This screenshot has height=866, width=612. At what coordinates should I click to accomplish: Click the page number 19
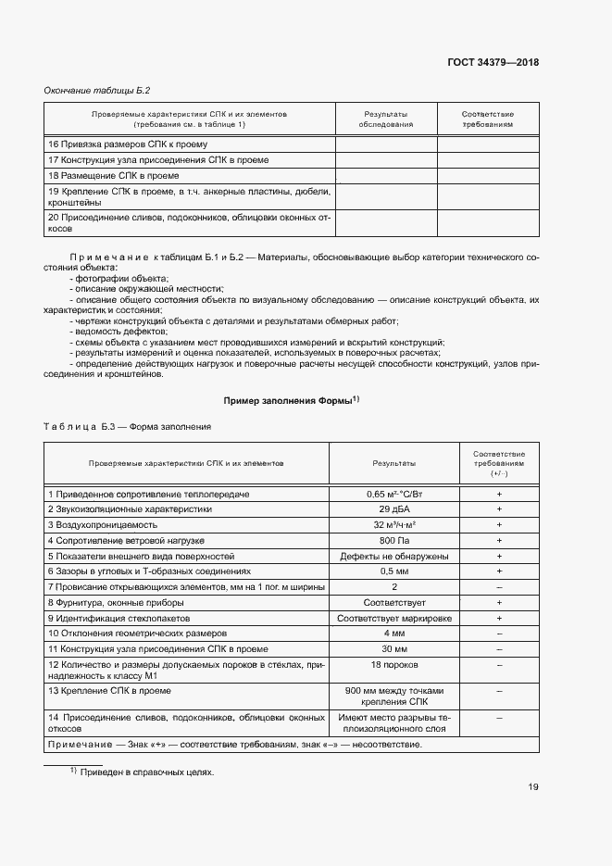pyautogui.click(x=533, y=787)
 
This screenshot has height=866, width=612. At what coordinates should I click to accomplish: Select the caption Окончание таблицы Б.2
pyautogui.click(x=97, y=91)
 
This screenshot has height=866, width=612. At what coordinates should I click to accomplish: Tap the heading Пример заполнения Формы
pyautogui.click(x=290, y=401)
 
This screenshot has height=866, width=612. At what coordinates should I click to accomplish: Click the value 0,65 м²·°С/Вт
pyautogui.click(x=394, y=495)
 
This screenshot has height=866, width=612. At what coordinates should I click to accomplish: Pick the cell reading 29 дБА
pyautogui.click(x=394, y=509)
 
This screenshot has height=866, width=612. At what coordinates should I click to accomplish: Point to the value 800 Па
pyautogui.click(x=394, y=539)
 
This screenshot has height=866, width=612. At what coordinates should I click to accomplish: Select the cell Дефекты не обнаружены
pyautogui.click(x=394, y=556)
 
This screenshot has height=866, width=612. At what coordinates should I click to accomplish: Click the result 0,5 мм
pyautogui.click(x=394, y=571)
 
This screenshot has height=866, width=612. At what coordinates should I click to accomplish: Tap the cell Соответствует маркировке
pyautogui.click(x=394, y=618)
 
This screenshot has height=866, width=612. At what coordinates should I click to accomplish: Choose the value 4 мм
pyautogui.click(x=394, y=633)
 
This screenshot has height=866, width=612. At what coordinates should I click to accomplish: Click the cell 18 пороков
pyautogui.click(x=394, y=665)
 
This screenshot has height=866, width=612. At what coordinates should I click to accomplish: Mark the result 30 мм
pyautogui.click(x=394, y=648)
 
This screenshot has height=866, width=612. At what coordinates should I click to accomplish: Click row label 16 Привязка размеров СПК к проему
pyautogui.click(x=128, y=144)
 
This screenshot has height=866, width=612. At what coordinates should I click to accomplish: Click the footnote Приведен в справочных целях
pyautogui.click(x=145, y=772)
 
